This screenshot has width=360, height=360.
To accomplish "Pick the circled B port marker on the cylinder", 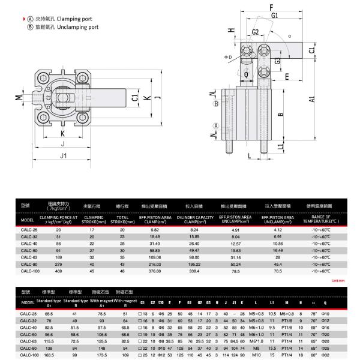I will [x=215, y=103].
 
